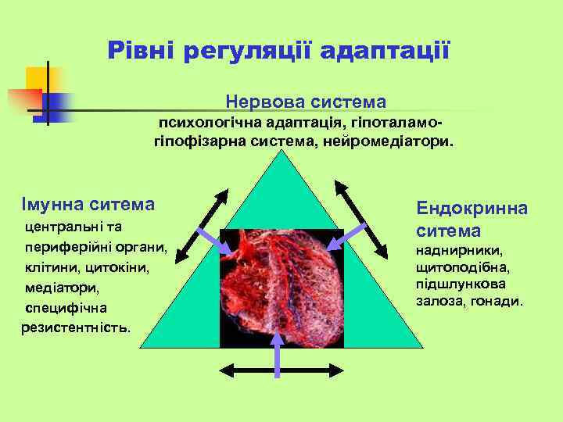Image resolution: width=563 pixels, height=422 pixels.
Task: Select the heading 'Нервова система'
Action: [x=306, y=102]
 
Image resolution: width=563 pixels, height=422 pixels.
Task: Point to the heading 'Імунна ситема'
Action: [x=88, y=204]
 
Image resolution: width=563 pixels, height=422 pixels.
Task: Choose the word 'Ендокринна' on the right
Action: [x=472, y=209]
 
